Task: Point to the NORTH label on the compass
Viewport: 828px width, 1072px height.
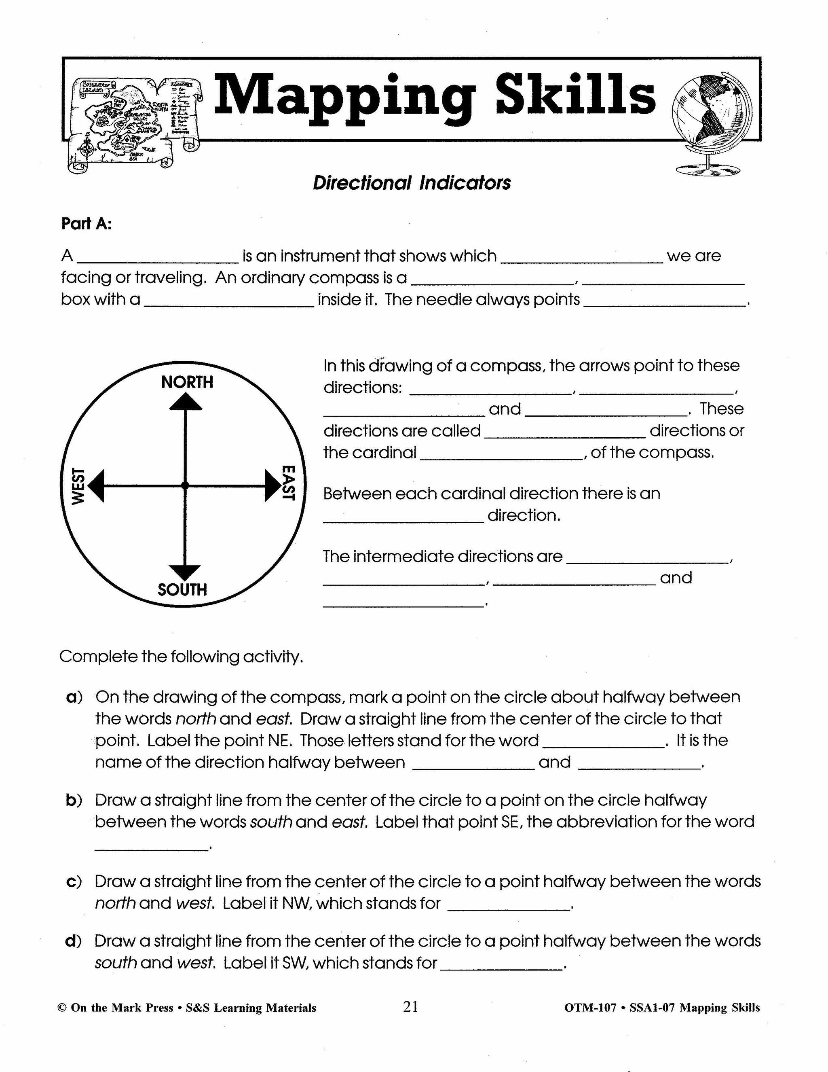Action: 187,382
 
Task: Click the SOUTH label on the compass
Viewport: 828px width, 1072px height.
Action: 182,589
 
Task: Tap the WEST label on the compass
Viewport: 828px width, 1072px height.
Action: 78,486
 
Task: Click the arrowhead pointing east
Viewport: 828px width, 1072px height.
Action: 272,485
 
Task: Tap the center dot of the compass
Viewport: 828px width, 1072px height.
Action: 185,485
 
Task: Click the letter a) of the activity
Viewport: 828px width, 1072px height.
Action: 74,697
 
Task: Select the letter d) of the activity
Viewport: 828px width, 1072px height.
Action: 73,941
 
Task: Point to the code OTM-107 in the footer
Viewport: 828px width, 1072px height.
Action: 589,1008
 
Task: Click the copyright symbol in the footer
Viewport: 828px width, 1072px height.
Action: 62,1008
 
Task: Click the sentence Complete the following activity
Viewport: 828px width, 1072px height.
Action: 181,657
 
